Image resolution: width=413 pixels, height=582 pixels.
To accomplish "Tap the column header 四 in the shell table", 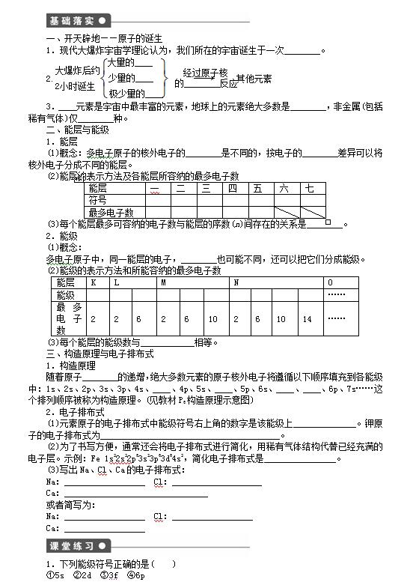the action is (x=232, y=189).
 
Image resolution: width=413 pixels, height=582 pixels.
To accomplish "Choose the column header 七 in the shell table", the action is (x=310, y=189).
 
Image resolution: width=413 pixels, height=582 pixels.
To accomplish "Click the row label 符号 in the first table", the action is (x=97, y=201).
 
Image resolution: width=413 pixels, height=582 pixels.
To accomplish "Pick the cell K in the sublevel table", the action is (x=94, y=282).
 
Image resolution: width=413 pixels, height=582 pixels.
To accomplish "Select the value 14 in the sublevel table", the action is (x=307, y=319).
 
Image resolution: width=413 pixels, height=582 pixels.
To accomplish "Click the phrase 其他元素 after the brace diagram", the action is (x=254, y=78).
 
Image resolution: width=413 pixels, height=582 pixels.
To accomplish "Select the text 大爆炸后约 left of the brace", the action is (x=77, y=70).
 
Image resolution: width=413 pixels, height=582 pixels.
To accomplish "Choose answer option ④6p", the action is (x=135, y=575).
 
